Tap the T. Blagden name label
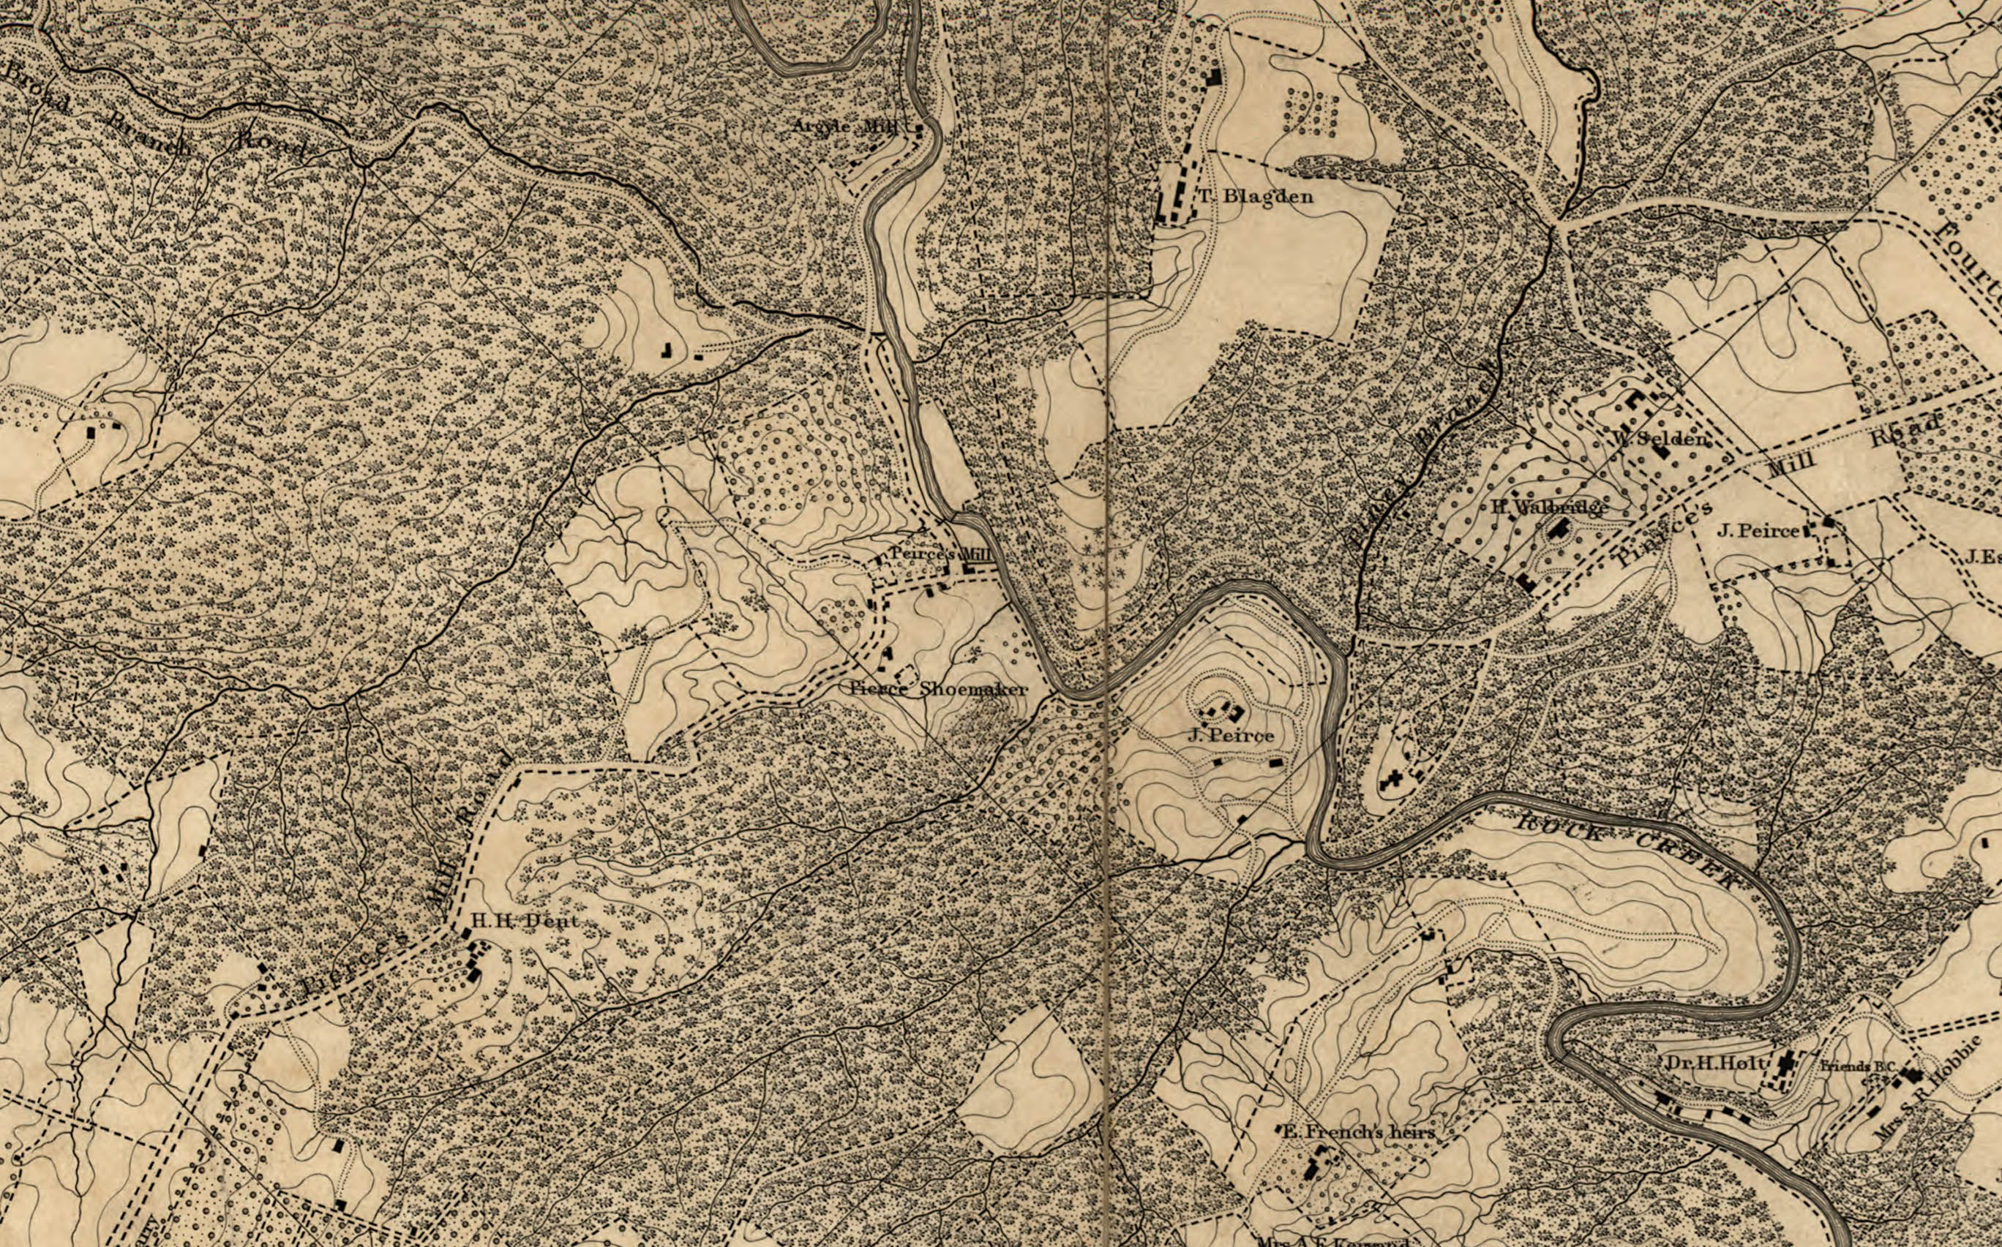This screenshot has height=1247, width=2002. (1255, 196)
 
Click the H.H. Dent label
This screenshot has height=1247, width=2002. (524, 922)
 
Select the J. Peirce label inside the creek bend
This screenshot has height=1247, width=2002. (1231, 735)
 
